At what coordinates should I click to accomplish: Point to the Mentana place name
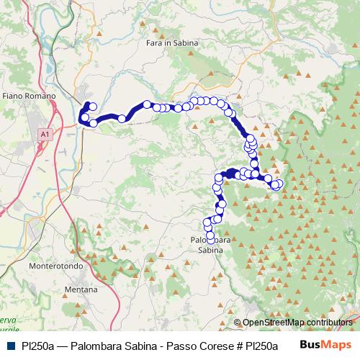pos(81,289)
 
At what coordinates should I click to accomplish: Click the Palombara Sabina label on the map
pos(210,244)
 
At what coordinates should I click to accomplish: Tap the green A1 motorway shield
pos(45,133)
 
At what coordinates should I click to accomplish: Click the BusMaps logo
pos(325,346)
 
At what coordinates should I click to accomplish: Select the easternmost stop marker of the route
pos(279,184)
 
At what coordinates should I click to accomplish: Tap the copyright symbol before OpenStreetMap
pos(238,323)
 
